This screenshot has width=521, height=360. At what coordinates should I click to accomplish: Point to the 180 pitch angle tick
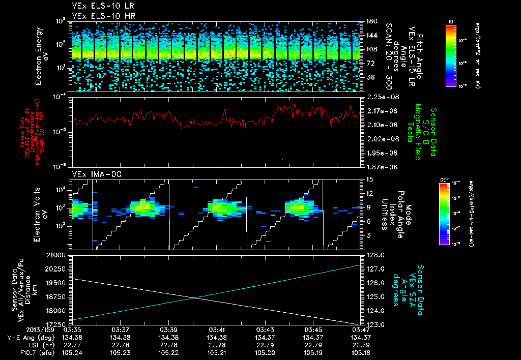click(x=371, y=21)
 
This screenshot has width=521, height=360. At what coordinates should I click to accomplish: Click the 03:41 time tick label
click(x=217, y=329)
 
